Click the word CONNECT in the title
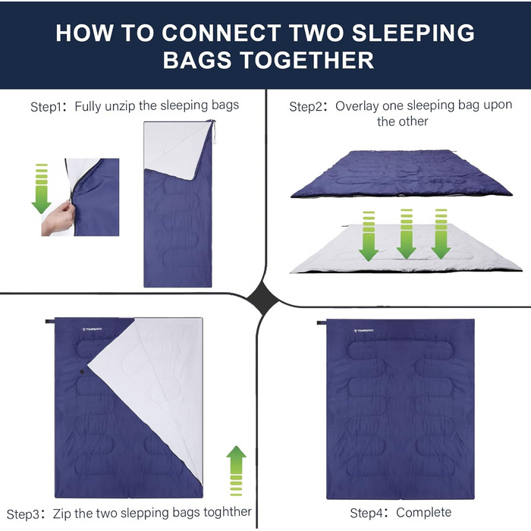click(x=221, y=33)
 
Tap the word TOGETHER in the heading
click(x=307, y=60)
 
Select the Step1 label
click(x=47, y=107)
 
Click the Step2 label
click(x=306, y=107)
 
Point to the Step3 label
click(x=24, y=514)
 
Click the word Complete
click(x=423, y=512)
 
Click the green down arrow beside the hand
click(x=41, y=189)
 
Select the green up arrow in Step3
click(x=236, y=471)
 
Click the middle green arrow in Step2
click(x=406, y=234)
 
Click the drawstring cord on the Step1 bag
click(x=213, y=131)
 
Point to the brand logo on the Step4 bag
click(x=363, y=331)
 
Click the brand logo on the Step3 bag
click(x=92, y=329)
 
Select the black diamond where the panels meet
click(x=263, y=299)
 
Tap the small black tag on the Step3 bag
click(x=82, y=372)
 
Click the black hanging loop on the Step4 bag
click(x=322, y=322)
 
